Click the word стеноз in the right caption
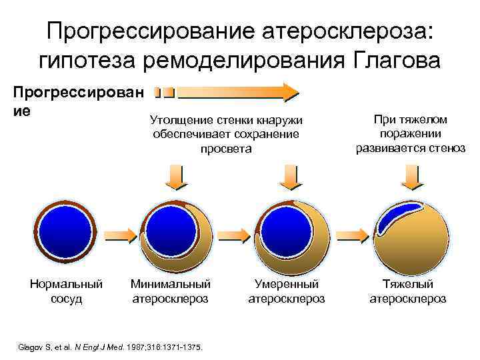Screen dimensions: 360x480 (447, 147)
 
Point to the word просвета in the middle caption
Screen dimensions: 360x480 (227, 148)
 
